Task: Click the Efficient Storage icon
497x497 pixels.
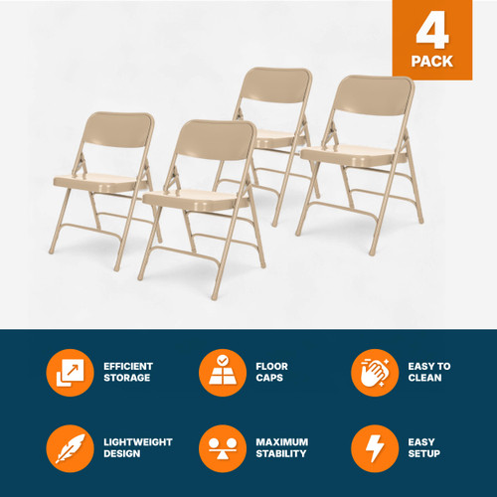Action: (70, 373)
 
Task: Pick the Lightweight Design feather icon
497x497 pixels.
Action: (70, 448)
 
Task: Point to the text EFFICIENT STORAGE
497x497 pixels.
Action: (129, 373)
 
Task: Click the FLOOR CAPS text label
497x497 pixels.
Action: (273, 373)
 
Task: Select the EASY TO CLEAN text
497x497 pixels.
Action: (429, 373)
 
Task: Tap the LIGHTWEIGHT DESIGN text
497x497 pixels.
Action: (137, 448)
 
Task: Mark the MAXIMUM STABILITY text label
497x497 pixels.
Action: (282, 448)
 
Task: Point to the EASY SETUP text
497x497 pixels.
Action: (424, 448)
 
